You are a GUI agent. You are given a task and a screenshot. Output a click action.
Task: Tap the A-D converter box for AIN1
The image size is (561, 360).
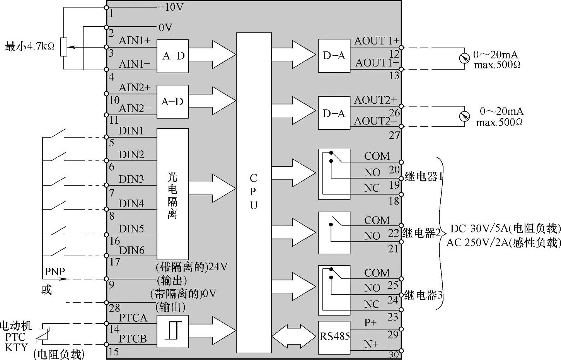coord(173,56)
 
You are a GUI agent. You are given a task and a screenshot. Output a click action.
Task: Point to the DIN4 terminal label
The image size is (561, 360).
coord(131,204)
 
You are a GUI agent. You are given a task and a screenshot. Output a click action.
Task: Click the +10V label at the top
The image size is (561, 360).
coord(171,7)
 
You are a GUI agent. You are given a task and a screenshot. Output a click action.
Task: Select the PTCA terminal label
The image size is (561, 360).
coord(133,318)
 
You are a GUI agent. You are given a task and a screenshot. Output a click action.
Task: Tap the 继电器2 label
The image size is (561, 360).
coord(422,233)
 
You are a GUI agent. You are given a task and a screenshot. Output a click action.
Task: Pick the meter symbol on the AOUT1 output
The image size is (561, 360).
coord(465,58)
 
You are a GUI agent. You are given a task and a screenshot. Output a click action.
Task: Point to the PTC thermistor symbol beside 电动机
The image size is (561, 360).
coord(43,333)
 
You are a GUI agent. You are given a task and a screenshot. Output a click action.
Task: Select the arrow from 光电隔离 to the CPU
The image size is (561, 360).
coord(213,189)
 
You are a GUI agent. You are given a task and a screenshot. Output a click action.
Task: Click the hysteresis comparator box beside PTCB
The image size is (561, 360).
coord(172,331)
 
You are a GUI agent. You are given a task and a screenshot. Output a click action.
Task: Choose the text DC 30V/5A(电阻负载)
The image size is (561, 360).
coord(505,229)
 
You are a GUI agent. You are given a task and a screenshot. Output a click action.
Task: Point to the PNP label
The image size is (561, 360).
coord(55,272)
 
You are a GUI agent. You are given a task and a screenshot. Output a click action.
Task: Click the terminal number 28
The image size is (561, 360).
coord(114,308)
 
